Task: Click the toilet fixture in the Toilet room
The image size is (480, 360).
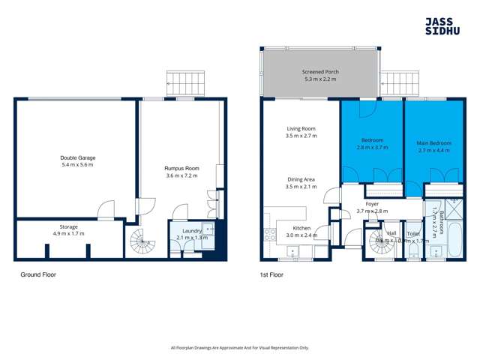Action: click(x=413, y=250)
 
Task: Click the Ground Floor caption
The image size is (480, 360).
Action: click(x=37, y=275)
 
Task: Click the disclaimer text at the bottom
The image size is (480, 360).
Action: click(x=239, y=347)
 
